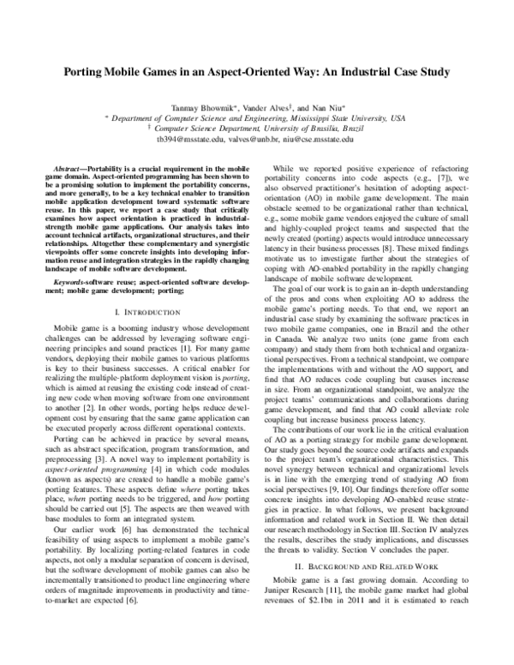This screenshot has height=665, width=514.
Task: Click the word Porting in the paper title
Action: tap(91, 73)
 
